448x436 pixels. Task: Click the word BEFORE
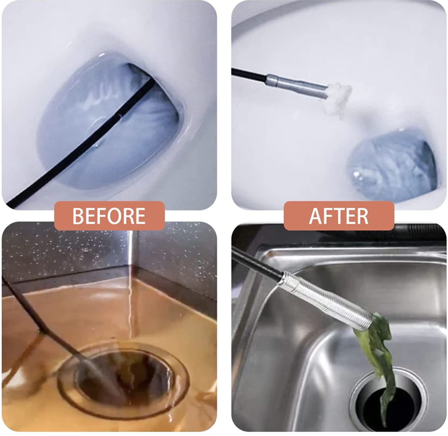coord(109,216)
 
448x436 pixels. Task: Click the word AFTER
coord(338,216)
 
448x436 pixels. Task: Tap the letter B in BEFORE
coord(78,216)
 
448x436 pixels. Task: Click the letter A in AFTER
coord(316,216)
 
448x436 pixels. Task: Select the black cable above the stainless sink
coord(257,261)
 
